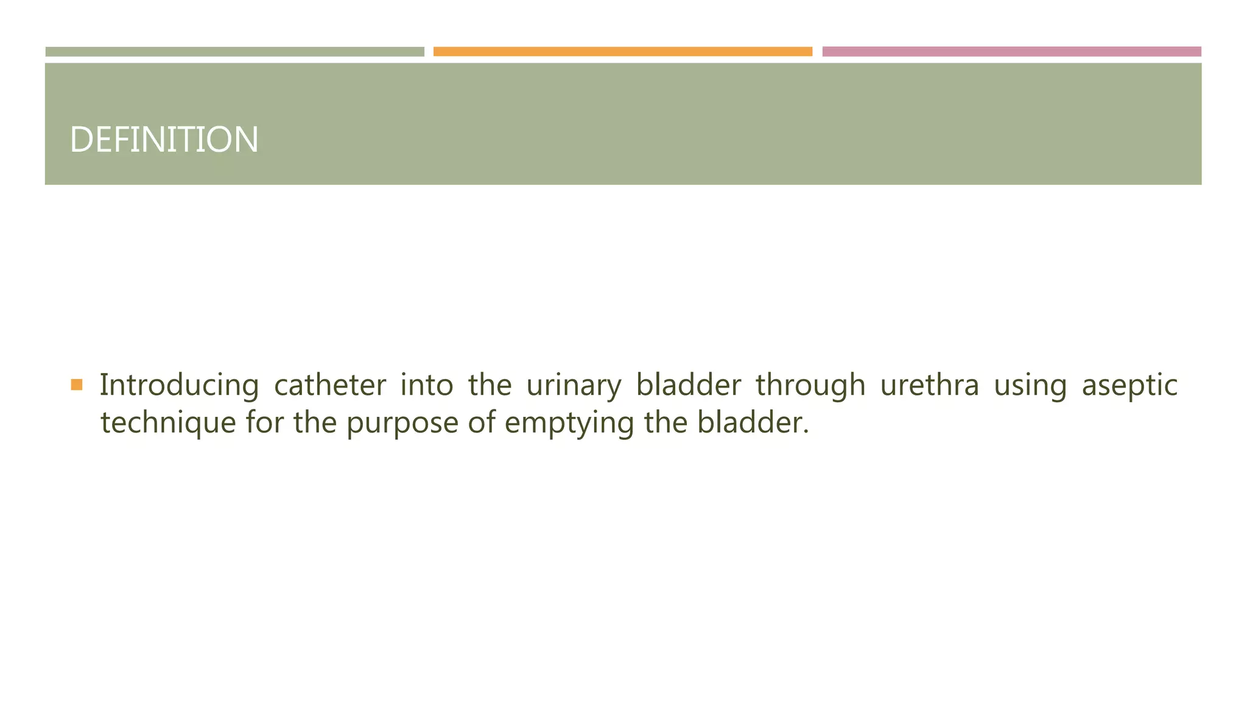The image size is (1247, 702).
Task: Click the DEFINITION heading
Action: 164,140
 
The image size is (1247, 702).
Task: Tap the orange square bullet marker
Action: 77,385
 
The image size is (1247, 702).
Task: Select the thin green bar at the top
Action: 234,52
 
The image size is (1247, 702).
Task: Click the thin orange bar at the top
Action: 622,52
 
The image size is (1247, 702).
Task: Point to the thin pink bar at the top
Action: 1011,52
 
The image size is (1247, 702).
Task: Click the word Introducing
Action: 179,386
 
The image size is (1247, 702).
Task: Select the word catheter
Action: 329,386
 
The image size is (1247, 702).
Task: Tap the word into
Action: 426,386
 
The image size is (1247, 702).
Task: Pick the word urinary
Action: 574,386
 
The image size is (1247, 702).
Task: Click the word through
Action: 810,386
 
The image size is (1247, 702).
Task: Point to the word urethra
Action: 929,386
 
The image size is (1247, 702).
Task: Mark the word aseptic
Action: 1129,386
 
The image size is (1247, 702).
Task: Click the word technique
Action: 168,423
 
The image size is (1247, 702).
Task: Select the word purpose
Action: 402,423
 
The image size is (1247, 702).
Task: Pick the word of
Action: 481,423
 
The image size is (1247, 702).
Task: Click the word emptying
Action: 569,423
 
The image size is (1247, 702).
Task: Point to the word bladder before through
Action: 688,386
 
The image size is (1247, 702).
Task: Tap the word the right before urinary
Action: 490,386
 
